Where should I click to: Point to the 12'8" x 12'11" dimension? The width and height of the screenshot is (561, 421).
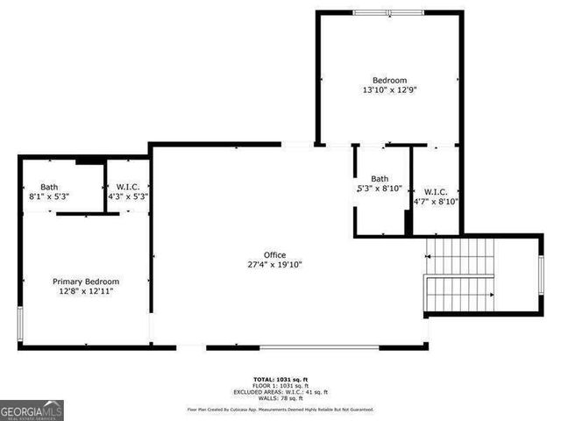(86, 290)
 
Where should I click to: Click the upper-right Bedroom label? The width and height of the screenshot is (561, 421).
(389, 80)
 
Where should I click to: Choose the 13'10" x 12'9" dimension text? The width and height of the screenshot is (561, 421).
(389, 89)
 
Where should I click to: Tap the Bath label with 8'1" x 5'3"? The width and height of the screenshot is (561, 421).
(49, 187)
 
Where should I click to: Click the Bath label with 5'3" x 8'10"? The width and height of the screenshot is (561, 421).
(379, 179)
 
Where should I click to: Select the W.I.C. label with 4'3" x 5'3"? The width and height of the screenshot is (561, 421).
(128, 187)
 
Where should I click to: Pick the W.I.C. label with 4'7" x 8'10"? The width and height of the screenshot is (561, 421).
(436, 192)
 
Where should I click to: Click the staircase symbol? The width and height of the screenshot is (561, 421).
(460, 275)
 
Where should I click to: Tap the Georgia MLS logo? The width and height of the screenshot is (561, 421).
(32, 410)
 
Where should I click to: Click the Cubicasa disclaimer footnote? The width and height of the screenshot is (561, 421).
(280, 409)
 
